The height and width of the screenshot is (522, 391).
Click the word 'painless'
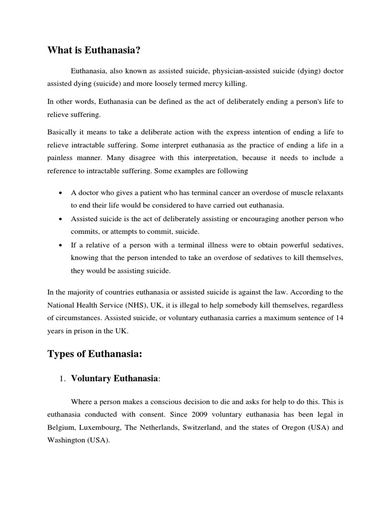point(62,158)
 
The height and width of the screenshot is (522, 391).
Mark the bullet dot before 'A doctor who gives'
point(61,192)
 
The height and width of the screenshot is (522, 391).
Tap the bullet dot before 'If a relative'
point(61,245)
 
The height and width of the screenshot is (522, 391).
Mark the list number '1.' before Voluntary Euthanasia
point(63,379)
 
